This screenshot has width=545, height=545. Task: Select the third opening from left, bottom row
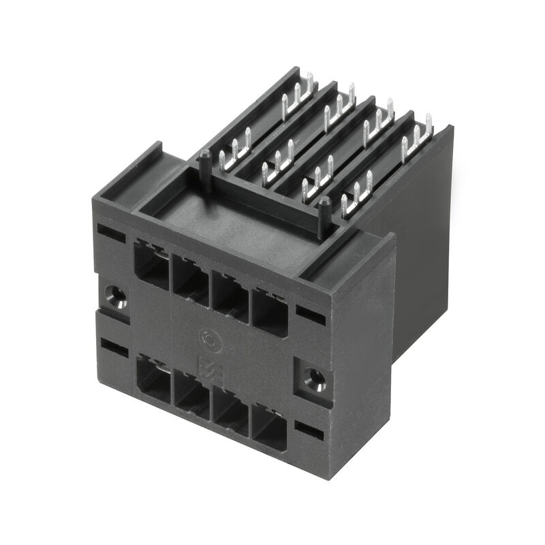pyautogui.click(x=231, y=416)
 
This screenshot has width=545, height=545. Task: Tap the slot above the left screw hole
pyautogui.click(x=111, y=230)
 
